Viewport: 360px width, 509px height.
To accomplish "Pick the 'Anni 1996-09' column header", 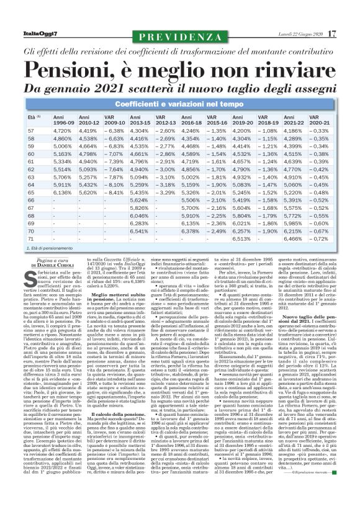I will tap(65, 120).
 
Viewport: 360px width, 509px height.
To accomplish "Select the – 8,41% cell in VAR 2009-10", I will tap(113, 192).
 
